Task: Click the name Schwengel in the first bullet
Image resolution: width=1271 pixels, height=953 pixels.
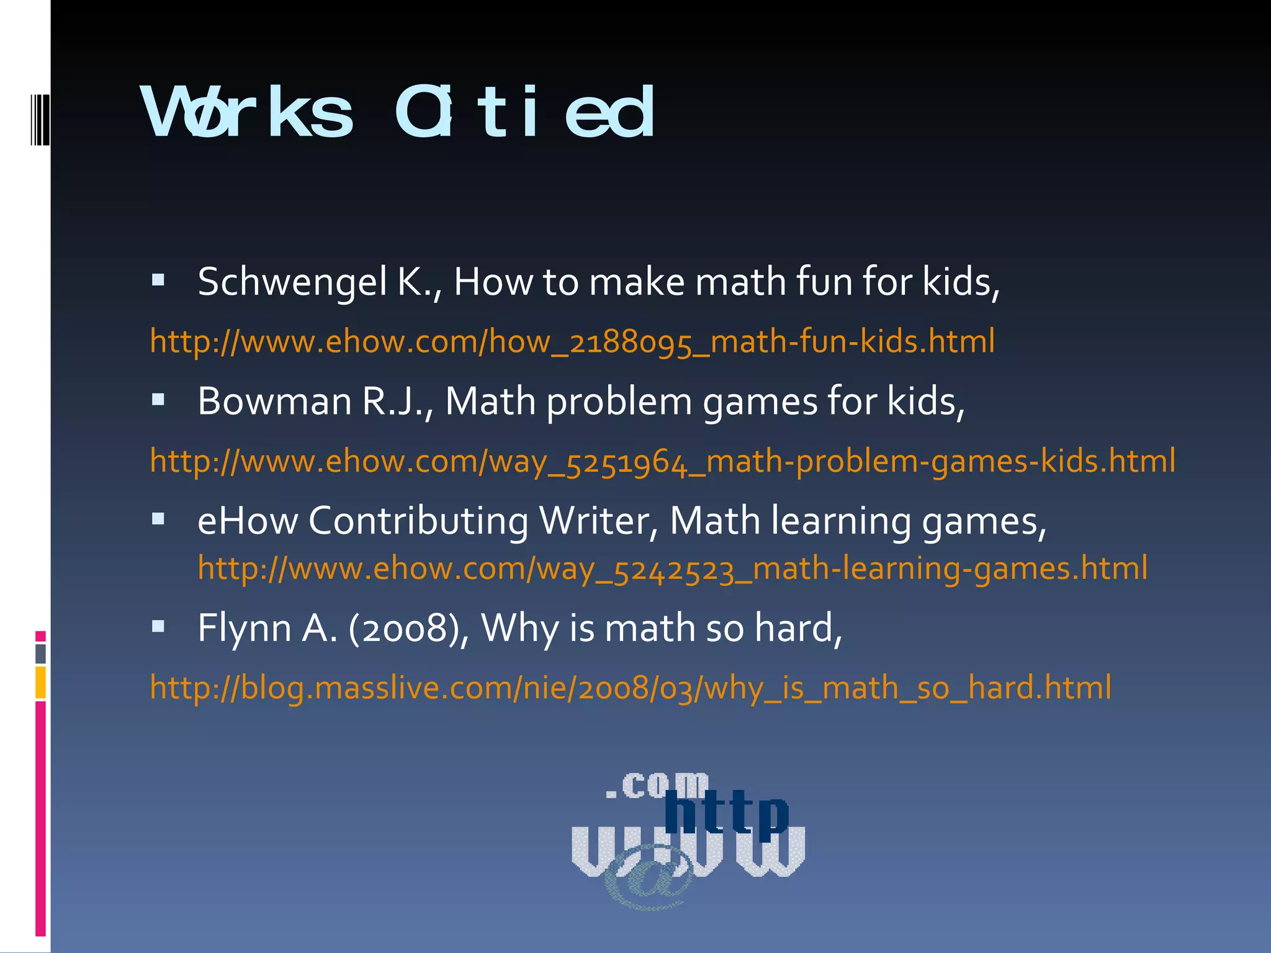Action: pyautogui.click(x=292, y=282)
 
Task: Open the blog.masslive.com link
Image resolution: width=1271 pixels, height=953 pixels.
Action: pyautogui.click(x=631, y=687)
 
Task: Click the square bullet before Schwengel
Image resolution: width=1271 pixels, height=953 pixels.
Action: pyautogui.click(x=158, y=280)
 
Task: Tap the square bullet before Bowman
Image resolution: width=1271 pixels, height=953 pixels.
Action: pyautogui.click(x=158, y=400)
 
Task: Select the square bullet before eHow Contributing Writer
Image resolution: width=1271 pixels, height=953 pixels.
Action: pyautogui.click(x=158, y=519)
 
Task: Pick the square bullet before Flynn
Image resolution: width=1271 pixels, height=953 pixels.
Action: pyautogui.click(x=158, y=627)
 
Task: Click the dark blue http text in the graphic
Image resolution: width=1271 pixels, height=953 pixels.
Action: pyautogui.click(x=726, y=813)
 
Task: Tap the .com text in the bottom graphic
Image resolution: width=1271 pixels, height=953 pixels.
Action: pyautogui.click(x=658, y=785)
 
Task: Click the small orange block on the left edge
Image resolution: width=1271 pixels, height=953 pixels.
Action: pyautogui.click(x=40, y=682)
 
